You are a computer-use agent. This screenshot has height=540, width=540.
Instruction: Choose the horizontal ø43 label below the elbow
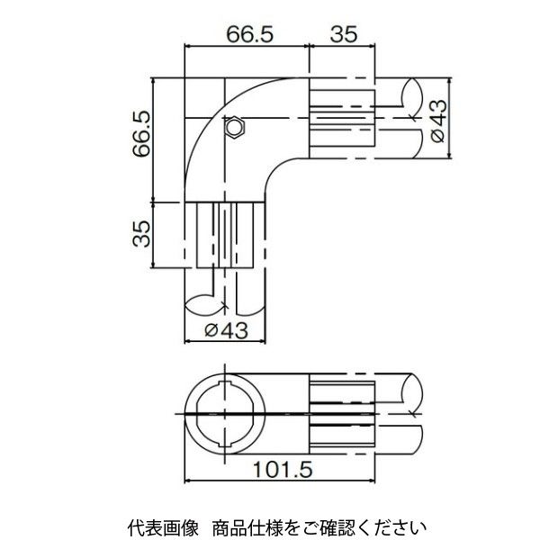(225, 330)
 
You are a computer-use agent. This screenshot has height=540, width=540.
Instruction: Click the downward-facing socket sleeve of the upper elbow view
(229, 235)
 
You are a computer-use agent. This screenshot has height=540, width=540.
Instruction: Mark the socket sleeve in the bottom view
(342, 412)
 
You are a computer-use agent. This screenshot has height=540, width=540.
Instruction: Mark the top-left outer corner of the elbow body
(186, 80)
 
